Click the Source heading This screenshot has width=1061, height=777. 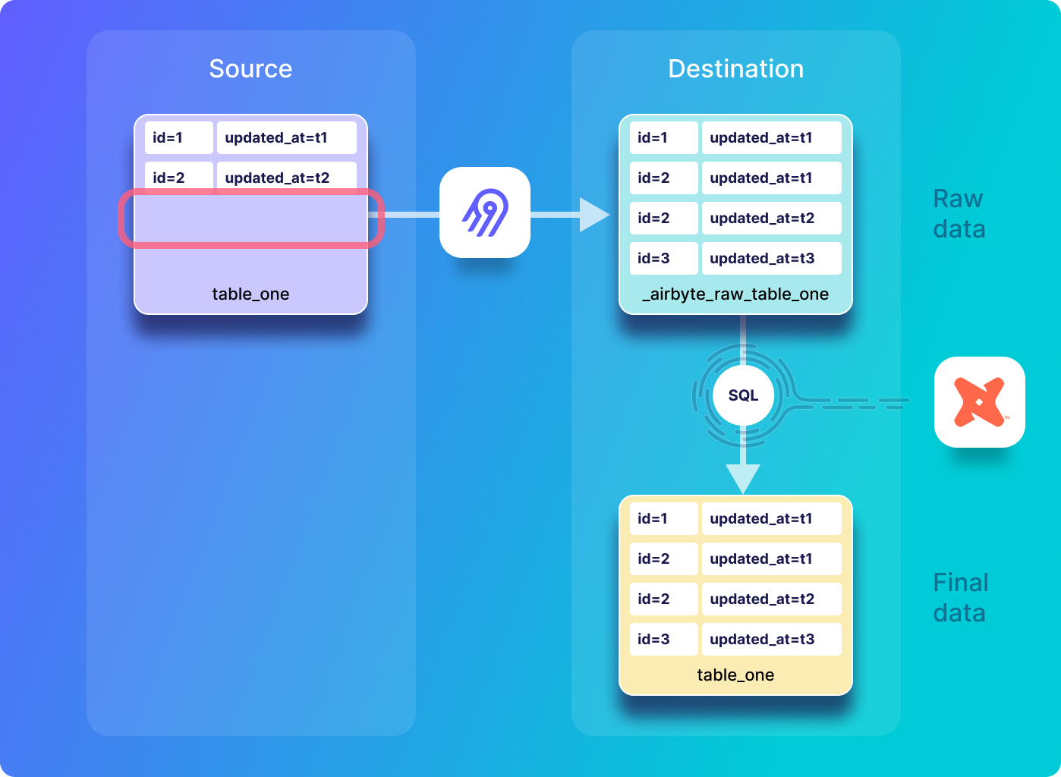click(x=250, y=68)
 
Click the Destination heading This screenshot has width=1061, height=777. click(x=735, y=68)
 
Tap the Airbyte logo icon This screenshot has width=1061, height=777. click(x=484, y=212)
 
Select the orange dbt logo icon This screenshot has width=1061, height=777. click(x=980, y=402)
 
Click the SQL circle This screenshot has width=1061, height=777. click(x=743, y=395)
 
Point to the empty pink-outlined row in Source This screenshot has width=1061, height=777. click(x=251, y=219)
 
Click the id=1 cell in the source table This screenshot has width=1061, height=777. click(x=179, y=138)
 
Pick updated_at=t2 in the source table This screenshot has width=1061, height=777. click(x=287, y=178)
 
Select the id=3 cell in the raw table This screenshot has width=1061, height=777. click(x=663, y=259)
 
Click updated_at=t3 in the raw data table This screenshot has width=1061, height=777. click(x=772, y=259)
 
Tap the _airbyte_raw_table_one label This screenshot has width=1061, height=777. click(x=735, y=294)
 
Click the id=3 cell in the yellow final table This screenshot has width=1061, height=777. click(x=663, y=639)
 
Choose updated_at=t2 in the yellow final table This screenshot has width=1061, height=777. click(x=772, y=599)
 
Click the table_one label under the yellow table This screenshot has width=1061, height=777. click(x=735, y=675)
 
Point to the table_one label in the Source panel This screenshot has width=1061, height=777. click(x=250, y=294)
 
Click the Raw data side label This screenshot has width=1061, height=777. click(x=959, y=213)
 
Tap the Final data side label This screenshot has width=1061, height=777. click(x=961, y=598)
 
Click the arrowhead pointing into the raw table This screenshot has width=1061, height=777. click(x=594, y=215)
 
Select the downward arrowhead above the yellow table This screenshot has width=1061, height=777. click(x=743, y=479)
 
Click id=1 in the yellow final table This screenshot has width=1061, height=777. click(x=663, y=518)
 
